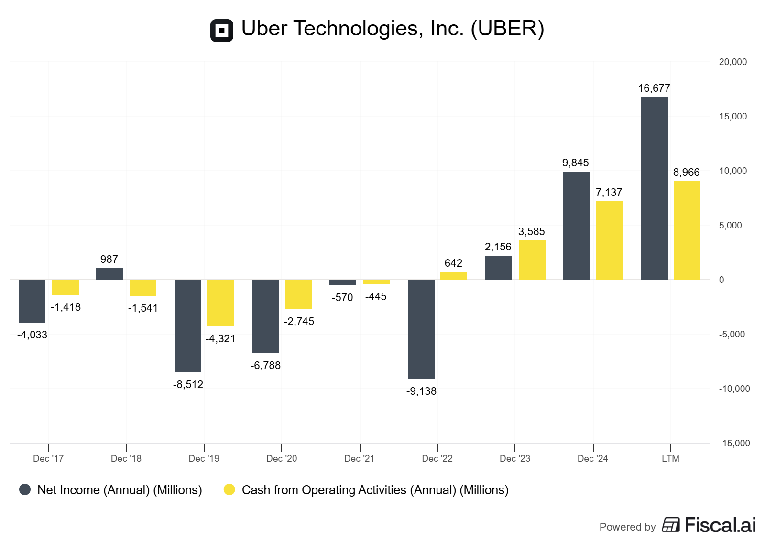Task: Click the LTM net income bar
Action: point(654,188)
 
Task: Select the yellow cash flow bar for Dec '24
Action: point(609,240)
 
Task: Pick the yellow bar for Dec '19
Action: point(220,303)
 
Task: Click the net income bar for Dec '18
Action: point(109,274)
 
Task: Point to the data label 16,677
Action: point(654,88)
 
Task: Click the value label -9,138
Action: point(421,391)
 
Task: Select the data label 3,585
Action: point(532,232)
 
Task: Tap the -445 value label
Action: point(376,297)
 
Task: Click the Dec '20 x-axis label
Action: point(282,459)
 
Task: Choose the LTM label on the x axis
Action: point(670,459)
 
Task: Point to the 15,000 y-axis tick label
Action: point(732,117)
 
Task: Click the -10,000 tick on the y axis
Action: point(734,389)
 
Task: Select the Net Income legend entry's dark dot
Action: point(25,489)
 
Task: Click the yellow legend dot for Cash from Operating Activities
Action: point(229,489)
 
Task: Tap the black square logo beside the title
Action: point(222,31)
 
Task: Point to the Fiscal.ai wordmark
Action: point(720,525)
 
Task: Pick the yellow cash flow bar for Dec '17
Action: point(66,287)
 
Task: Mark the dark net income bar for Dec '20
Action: point(265,316)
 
